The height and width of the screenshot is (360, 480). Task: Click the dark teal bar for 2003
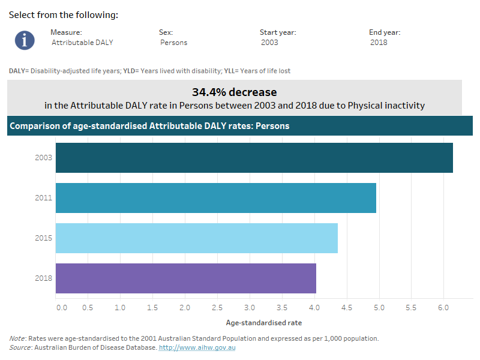[x=254, y=158]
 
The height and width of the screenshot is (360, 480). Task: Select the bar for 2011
[x=215, y=198]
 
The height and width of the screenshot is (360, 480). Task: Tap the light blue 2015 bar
[x=196, y=238]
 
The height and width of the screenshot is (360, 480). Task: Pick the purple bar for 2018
[x=185, y=278]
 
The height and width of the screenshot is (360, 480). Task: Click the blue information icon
[x=25, y=40]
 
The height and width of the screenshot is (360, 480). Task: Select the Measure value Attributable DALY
[x=82, y=43]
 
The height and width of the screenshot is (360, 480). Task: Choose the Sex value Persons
[x=174, y=43]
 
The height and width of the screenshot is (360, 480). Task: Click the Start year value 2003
[x=269, y=43]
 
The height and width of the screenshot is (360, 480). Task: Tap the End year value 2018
[x=379, y=43]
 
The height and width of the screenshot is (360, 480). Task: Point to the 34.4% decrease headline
[x=234, y=92]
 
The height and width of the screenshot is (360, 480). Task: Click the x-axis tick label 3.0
[x=249, y=308]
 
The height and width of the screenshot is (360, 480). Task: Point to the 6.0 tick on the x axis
[x=443, y=308]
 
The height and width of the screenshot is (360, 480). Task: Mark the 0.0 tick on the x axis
[x=61, y=308]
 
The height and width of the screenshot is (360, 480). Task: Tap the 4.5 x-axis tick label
[x=346, y=308]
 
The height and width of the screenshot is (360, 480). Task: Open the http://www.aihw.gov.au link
[x=197, y=347]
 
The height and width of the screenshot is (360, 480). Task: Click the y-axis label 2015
[x=44, y=238]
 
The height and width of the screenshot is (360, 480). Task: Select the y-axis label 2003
[x=44, y=158]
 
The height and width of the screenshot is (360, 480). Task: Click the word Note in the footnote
[x=17, y=338]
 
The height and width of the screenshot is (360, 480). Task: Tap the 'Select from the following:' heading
[x=63, y=15]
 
